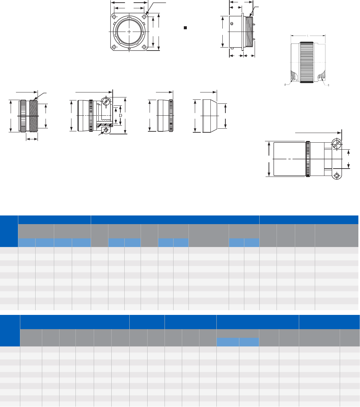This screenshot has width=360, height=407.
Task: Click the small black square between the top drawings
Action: coord(185,28)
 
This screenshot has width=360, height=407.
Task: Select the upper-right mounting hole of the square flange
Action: coord(144,17)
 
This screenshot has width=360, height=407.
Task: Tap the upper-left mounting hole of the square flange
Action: coord(114,17)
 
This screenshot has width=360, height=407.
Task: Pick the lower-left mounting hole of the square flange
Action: coord(114,47)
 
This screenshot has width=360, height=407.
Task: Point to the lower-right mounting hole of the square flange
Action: coord(144,47)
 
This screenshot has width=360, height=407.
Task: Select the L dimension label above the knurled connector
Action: coord(308,36)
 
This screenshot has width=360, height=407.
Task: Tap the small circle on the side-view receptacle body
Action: coord(232,23)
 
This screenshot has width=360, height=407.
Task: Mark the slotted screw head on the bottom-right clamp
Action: coord(336,145)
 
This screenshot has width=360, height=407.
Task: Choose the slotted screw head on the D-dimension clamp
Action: coord(106,101)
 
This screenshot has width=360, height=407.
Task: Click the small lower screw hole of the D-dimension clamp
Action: coord(106,130)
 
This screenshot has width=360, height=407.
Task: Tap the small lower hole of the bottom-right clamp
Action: coord(336,176)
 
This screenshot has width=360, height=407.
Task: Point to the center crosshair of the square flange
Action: coord(129,32)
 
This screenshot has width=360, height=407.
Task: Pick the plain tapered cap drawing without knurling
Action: coord(209,116)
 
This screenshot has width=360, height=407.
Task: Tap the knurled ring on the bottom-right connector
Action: coord(308,159)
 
